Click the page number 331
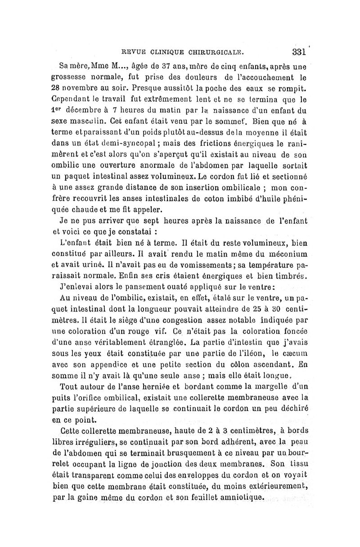[299, 51]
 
